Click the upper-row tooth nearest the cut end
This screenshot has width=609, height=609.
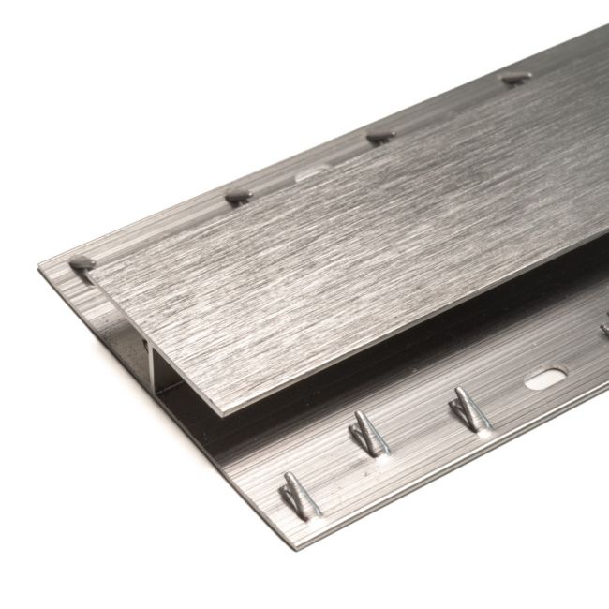point(82,262)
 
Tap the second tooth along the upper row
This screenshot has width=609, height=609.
point(238,197)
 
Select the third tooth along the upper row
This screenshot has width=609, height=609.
point(379,137)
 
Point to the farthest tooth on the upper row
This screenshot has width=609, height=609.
point(516,78)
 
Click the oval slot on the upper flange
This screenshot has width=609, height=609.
point(313,173)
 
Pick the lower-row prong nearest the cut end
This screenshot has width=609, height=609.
point(300,494)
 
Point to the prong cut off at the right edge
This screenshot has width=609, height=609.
point(604,327)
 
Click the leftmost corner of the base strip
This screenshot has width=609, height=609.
point(39,272)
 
